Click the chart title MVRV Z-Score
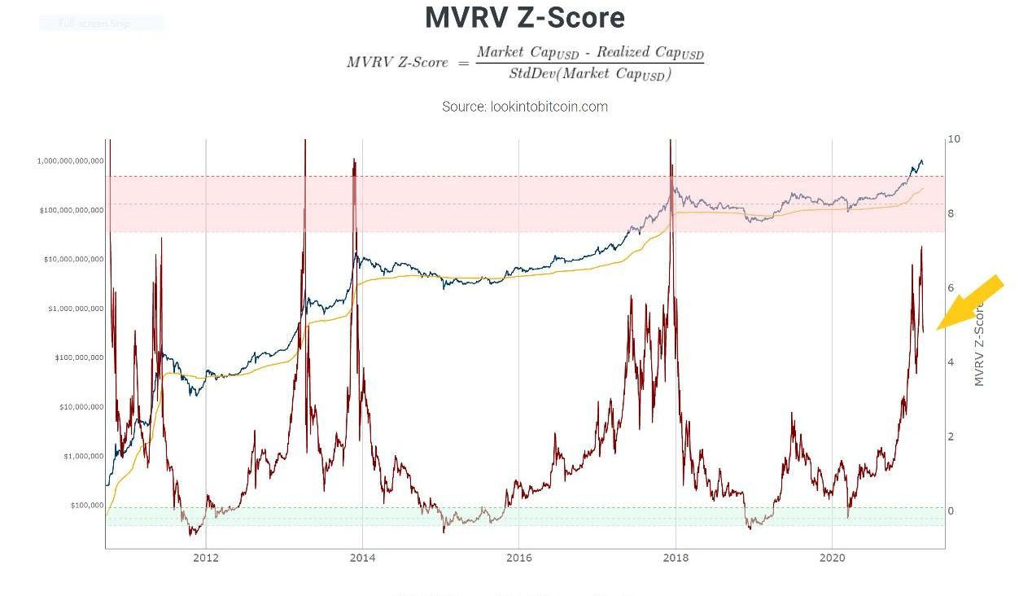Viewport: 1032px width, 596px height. [x=525, y=18]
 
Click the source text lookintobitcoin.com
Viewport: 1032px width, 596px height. [x=525, y=107]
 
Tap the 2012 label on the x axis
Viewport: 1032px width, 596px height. [x=206, y=558]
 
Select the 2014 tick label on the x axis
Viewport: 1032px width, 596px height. [x=362, y=558]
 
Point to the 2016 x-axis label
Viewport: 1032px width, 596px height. [x=519, y=558]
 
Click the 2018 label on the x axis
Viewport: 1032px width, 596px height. [x=676, y=558]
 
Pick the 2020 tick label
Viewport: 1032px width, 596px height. [x=832, y=558]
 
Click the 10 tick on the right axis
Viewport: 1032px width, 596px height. [x=954, y=139]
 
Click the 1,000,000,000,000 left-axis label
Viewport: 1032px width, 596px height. [x=70, y=161]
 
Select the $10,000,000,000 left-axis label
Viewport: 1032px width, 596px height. [x=72, y=260]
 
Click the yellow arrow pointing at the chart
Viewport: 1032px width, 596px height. [x=973, y=302]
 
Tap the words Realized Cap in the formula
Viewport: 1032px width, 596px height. [x=636, y=53]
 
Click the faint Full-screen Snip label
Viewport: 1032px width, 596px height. [x=94, y=24]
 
